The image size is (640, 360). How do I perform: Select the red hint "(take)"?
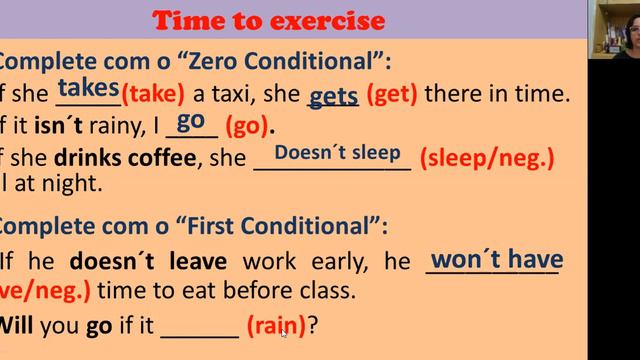point(153,95)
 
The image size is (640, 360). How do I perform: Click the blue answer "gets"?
point(334,97)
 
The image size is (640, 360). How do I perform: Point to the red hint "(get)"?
point(392,95)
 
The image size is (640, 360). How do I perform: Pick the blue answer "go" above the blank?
point(190,120)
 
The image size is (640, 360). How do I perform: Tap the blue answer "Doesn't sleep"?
point(337,153)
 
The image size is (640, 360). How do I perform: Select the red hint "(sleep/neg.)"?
point(487,158)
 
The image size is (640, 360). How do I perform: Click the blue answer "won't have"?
point(496,260)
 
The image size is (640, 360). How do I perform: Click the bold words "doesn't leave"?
point(148,262)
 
